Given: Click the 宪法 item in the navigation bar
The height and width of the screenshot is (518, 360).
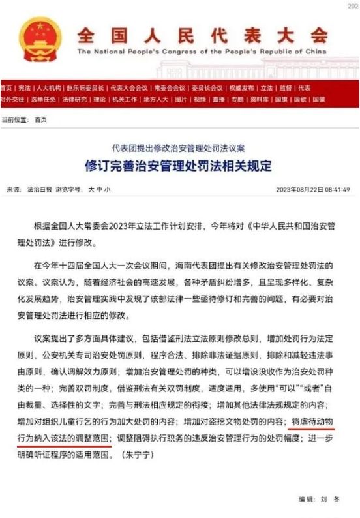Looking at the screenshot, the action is point(24,87).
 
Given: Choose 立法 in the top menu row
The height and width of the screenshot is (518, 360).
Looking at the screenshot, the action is point(267,87).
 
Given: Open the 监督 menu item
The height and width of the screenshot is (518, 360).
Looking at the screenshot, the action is point(285,87).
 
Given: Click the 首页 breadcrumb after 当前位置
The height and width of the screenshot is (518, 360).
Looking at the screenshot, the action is point(40,119).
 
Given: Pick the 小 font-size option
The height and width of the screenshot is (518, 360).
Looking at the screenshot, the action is point(108,190).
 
